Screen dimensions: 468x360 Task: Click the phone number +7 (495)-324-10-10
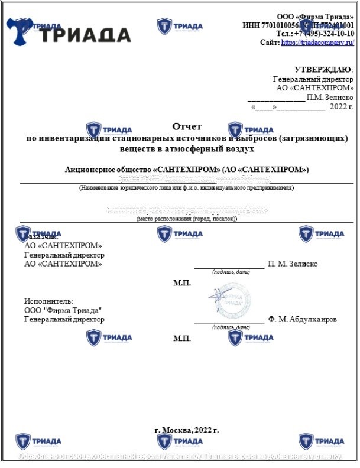pos(322,34)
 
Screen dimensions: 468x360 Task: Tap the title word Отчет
pos(187,126)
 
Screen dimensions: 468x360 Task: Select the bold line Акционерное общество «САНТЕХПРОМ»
pos(187,170)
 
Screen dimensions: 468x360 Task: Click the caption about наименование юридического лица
pos(187,188)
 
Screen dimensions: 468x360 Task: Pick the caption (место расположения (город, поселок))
pos(187,219)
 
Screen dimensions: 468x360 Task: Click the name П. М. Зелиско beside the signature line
pos(293,264)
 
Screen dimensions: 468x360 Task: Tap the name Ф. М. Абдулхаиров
pos(302,320)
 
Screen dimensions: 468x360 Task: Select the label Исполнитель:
pos(48,301)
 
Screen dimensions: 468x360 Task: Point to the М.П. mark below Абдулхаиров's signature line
pos(182,339)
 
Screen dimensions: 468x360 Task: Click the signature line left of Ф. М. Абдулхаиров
pos(229,323)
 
